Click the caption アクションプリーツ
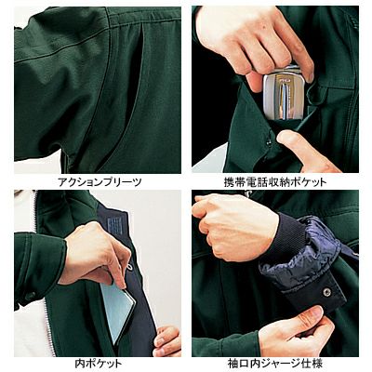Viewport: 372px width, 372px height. click(x=100, y=182)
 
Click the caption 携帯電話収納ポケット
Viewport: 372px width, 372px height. click(x=275, y=182)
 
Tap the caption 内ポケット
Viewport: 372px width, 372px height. click(x=99, y=363)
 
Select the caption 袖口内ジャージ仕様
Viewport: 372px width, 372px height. click(x=275, y=363)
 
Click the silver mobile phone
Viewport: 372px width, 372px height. click(x=282, y=94)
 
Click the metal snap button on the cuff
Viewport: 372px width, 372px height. click(x=325, y=291)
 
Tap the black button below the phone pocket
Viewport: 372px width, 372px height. click(x=268, y=142)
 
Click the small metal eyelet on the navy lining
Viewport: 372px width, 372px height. click(x=129, y=267)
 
